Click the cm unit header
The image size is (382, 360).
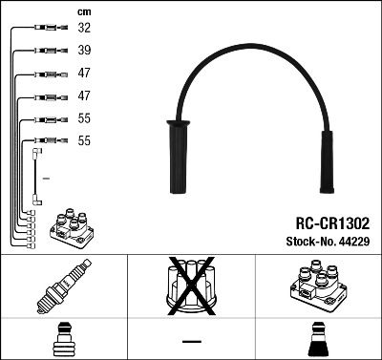click(82, 11)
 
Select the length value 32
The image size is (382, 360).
click(83, 29)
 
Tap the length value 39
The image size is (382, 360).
click(83, 51)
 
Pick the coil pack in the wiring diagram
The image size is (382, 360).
click(74, 225)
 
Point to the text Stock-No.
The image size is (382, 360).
click(311, 241)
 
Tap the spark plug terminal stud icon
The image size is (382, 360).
click(63, 341)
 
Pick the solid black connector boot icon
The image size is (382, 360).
click(317, 341)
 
